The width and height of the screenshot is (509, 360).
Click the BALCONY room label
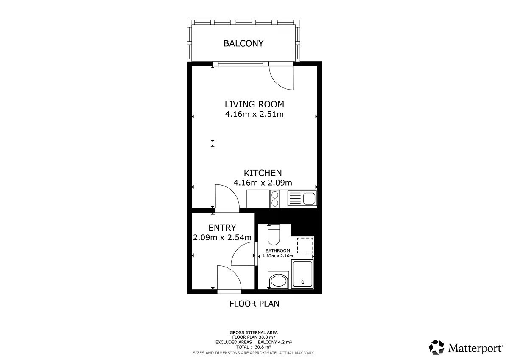click(243, 43)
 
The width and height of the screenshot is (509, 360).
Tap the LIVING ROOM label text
click(254, 104)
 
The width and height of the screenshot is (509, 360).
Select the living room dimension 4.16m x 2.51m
click(254, 114)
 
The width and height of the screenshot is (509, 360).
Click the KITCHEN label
click(263, 173)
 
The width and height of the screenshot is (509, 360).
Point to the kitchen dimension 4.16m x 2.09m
click(263, 183)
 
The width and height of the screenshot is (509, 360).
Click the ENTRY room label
click(222, 228)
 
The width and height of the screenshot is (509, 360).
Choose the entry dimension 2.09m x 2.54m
click(222, 237)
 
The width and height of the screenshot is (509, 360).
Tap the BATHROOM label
click(278, 250)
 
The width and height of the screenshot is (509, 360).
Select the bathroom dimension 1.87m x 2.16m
click(278, 256)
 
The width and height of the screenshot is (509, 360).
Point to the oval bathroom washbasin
click(279, 281)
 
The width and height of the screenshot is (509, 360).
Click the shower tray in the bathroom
click(302, 274)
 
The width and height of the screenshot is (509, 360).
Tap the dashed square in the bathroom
click(305, 246)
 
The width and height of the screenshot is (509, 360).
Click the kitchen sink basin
click(309, 199)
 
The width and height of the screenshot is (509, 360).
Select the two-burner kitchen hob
click(275, 199)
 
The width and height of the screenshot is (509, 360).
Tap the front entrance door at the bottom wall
click(229, 292)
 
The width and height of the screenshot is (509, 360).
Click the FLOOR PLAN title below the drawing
click(254, 304)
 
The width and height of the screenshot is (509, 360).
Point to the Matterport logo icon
click(436, 347)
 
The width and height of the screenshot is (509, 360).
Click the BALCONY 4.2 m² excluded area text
click(275, 342)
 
